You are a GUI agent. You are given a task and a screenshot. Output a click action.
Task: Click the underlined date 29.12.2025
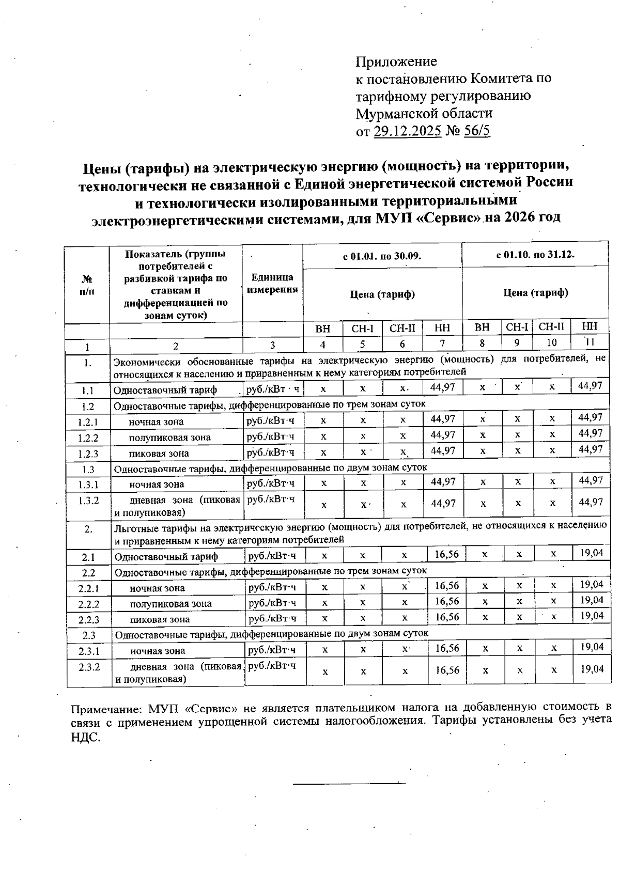pos(407,131)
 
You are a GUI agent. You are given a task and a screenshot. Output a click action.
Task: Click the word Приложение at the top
pos(396,61)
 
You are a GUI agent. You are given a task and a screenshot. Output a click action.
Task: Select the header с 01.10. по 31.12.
pos(535,255)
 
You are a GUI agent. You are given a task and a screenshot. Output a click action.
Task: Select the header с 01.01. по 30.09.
pos(382,256)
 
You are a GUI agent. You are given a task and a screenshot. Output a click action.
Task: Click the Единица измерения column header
pos(272,284)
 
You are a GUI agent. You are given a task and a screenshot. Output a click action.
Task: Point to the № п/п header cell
pos(87,285)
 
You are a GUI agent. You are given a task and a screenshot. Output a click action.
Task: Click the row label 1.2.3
pos(88,454)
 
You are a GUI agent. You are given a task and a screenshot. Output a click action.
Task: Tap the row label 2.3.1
pos(89,651)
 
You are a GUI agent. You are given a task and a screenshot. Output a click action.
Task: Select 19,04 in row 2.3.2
pos(592,669)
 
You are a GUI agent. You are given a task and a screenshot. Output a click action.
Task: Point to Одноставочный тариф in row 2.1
pos(166,557)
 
